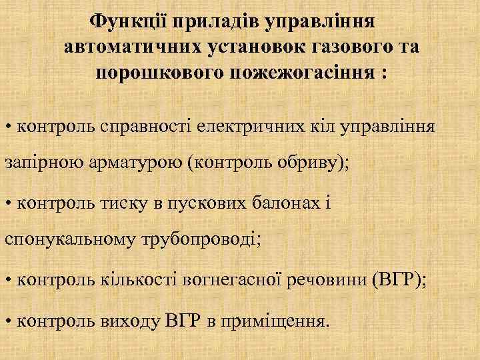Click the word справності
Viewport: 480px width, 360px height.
[148, 125]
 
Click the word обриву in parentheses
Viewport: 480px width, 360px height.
[305, 165]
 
